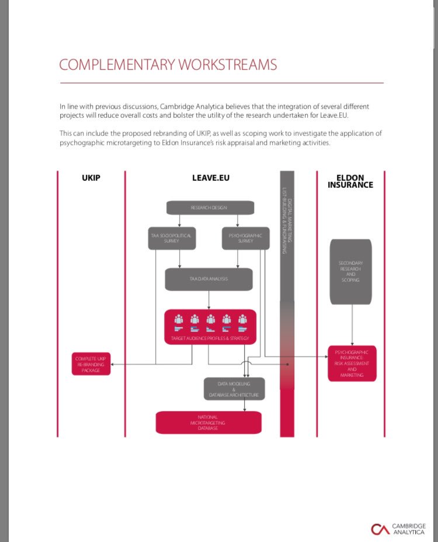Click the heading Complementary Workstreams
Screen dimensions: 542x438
[168, 64]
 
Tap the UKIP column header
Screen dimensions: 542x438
[91, 177]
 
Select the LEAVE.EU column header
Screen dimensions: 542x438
[211, 177]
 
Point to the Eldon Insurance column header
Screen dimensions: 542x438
[350, 181]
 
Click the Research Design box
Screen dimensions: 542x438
[210, 207]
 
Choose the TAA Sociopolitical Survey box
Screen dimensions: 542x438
[172, 238]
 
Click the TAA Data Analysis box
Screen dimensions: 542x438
[208, 279]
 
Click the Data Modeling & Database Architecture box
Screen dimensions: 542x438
[234, 389]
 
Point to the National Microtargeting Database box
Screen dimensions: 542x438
[208, 422]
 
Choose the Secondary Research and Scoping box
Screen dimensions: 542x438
[350, 271]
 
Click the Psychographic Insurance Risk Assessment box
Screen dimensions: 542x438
[352, 363]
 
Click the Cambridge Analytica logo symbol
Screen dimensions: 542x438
[380, 529]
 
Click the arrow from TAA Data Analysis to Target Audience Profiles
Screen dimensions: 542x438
[209, 300]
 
